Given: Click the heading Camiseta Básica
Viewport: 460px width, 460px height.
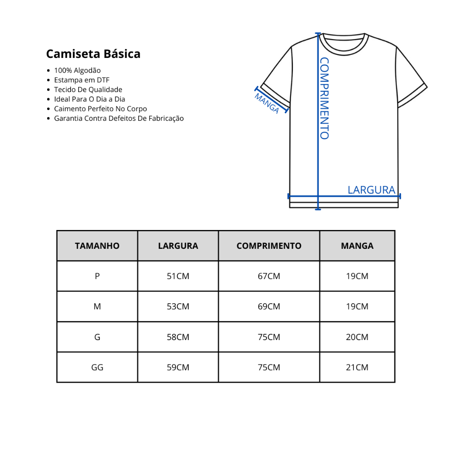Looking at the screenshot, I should [93, 54].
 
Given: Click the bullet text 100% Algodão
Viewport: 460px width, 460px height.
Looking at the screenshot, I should [77, 71].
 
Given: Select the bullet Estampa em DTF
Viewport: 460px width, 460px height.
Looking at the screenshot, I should [82, 80].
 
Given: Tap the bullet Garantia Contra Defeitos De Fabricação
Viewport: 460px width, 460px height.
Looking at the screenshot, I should [119, 119].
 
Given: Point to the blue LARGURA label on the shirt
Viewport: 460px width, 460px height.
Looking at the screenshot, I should [371, 190].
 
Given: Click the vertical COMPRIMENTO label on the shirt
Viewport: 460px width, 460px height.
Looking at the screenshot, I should [324, 98].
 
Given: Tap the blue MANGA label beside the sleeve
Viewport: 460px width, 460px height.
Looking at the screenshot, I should [267, 103].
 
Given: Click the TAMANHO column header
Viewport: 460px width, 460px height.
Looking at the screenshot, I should [97, 246].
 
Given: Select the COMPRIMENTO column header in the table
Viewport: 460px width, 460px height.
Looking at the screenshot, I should [269, 246].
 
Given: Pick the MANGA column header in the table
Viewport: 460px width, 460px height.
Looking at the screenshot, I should [357, 246].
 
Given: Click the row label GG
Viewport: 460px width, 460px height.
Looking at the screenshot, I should [97, 367].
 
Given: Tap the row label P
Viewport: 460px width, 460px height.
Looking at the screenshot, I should [97, 276].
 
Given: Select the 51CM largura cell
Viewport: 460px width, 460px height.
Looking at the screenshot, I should [178, 276].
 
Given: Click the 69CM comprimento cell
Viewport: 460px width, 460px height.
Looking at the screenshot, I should [269, 307].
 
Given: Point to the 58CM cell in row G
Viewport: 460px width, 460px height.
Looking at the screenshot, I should [178, 337].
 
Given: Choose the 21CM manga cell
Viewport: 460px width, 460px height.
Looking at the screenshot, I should [357, 367].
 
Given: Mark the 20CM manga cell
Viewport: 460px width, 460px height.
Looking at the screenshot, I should [357, 337].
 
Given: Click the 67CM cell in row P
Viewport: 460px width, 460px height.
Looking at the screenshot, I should [269, 276].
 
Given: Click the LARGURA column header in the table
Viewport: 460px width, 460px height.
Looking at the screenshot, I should [178, 246].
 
